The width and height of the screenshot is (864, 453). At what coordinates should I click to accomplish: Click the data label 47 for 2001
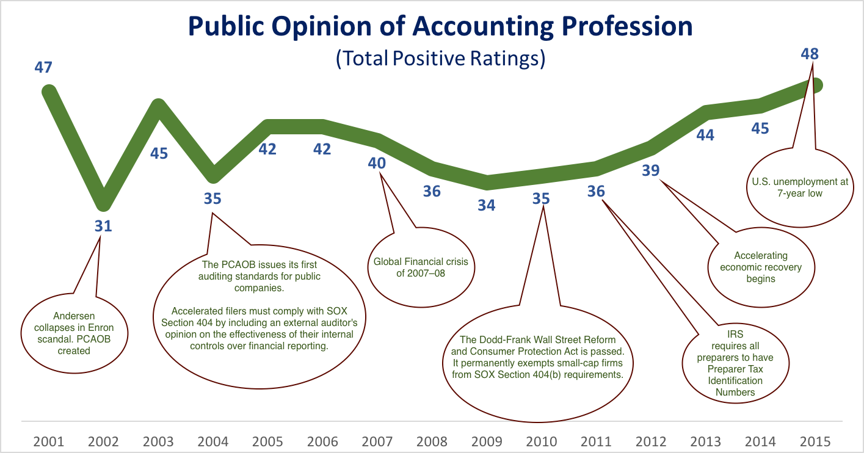43,68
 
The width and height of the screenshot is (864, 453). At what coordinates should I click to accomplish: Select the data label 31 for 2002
103,226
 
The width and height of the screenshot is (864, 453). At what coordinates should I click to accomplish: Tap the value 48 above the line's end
810,54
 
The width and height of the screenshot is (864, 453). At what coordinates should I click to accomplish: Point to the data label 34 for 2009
486,205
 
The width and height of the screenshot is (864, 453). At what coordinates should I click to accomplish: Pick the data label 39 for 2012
651,170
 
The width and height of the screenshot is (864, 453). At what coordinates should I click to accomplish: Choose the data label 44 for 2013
705,135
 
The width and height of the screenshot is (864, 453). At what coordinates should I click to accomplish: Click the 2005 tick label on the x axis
267,441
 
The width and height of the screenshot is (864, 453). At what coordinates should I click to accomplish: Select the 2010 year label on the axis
541,441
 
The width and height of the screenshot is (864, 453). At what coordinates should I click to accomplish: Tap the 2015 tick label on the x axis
815,441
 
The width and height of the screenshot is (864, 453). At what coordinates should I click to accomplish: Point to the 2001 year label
49,441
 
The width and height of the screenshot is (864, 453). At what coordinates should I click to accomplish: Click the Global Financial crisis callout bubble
421,267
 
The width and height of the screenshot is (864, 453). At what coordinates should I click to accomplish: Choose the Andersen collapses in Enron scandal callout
74,333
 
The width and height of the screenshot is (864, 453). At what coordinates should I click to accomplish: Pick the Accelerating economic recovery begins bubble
761,267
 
